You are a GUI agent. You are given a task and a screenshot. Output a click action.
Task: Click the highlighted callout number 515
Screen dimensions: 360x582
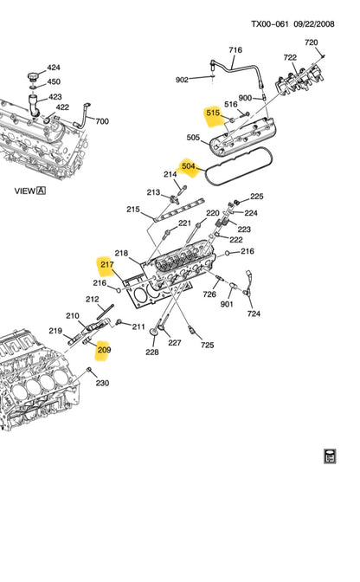click(x=213, y=113)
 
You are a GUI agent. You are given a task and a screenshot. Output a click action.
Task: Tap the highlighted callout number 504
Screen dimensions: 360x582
click(x=189, y=166)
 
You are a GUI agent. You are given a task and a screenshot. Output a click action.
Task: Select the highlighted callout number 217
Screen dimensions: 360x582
click(x=107, y=265)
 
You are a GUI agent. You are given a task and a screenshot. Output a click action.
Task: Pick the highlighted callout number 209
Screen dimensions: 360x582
click(x=104, y=350)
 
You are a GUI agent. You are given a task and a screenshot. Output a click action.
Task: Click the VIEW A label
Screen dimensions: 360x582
click(x=30, y=191)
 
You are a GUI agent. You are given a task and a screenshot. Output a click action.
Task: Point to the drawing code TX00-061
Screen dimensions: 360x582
click(x=269, y=24)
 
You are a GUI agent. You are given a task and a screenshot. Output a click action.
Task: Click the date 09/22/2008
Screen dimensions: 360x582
click(x=314, y=24)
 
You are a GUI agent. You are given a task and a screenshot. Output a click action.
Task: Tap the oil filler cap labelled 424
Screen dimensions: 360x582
click(x=34, y=77)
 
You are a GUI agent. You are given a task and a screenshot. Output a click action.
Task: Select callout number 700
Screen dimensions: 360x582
click(x=102, y=121)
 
